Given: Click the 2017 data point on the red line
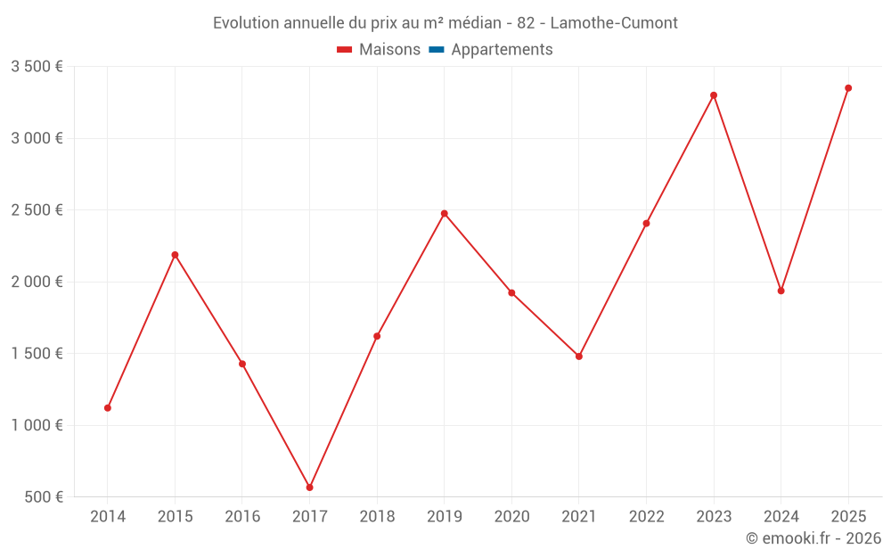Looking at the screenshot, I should [310, 487].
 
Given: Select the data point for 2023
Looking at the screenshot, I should [714, 95].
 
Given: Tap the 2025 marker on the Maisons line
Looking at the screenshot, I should [848, 88].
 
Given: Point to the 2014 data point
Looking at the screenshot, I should [108, 408].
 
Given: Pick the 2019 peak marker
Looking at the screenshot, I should [445, 214].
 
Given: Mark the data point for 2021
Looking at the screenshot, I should [579, 356].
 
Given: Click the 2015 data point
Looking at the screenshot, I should [176, 255].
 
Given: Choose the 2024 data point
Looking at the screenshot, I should [781, 291].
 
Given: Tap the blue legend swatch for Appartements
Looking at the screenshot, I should [437, 50].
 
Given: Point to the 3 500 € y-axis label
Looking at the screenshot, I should [37, 67].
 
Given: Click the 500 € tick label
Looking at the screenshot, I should [43, 497].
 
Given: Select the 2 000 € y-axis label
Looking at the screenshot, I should [37, 282].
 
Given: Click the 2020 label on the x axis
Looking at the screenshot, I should [511, 517].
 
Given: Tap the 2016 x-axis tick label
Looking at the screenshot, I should [242, 517].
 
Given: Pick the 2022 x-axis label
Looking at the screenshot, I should [646, 517].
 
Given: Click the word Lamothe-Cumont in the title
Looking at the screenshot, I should [614, 23].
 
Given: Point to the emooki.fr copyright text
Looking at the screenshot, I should [813, 538].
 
